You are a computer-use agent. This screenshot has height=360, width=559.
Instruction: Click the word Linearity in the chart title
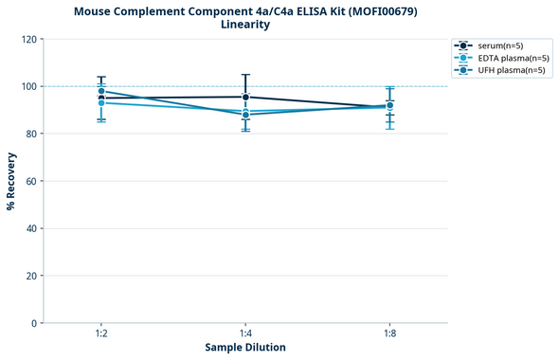(x=244, y=25)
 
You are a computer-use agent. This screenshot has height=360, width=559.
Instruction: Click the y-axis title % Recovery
(x=11, y=180)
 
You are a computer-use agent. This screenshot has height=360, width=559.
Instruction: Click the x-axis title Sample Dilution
(x=244, y=348)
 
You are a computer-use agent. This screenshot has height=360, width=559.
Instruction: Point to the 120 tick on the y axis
(x=28, y=39)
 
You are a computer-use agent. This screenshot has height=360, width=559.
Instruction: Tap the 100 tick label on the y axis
(x=28, y=86)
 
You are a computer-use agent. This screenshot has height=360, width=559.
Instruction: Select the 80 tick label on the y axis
(x=30, y=134)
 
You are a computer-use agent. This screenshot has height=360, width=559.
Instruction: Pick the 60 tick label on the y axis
(x=30, y=181)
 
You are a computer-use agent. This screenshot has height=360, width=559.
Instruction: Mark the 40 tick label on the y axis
(x=30, y=228)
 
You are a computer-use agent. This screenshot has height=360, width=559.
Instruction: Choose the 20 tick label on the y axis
(x=30, y=276)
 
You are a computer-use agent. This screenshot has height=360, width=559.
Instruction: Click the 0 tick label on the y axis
(x=34, y=323)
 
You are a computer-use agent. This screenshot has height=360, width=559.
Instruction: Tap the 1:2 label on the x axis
(x=101, y=333)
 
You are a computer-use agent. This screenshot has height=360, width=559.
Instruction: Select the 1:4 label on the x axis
(x=245, y=333)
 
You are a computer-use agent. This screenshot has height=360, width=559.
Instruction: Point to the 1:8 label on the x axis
(x=389, y=333)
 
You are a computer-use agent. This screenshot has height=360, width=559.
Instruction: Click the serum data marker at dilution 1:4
(x=245, y=97)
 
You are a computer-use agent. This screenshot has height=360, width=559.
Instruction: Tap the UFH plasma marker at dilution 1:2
(x=101, y=91)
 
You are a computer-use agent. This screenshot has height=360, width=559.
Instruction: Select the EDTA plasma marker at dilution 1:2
(x=101, y=102)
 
